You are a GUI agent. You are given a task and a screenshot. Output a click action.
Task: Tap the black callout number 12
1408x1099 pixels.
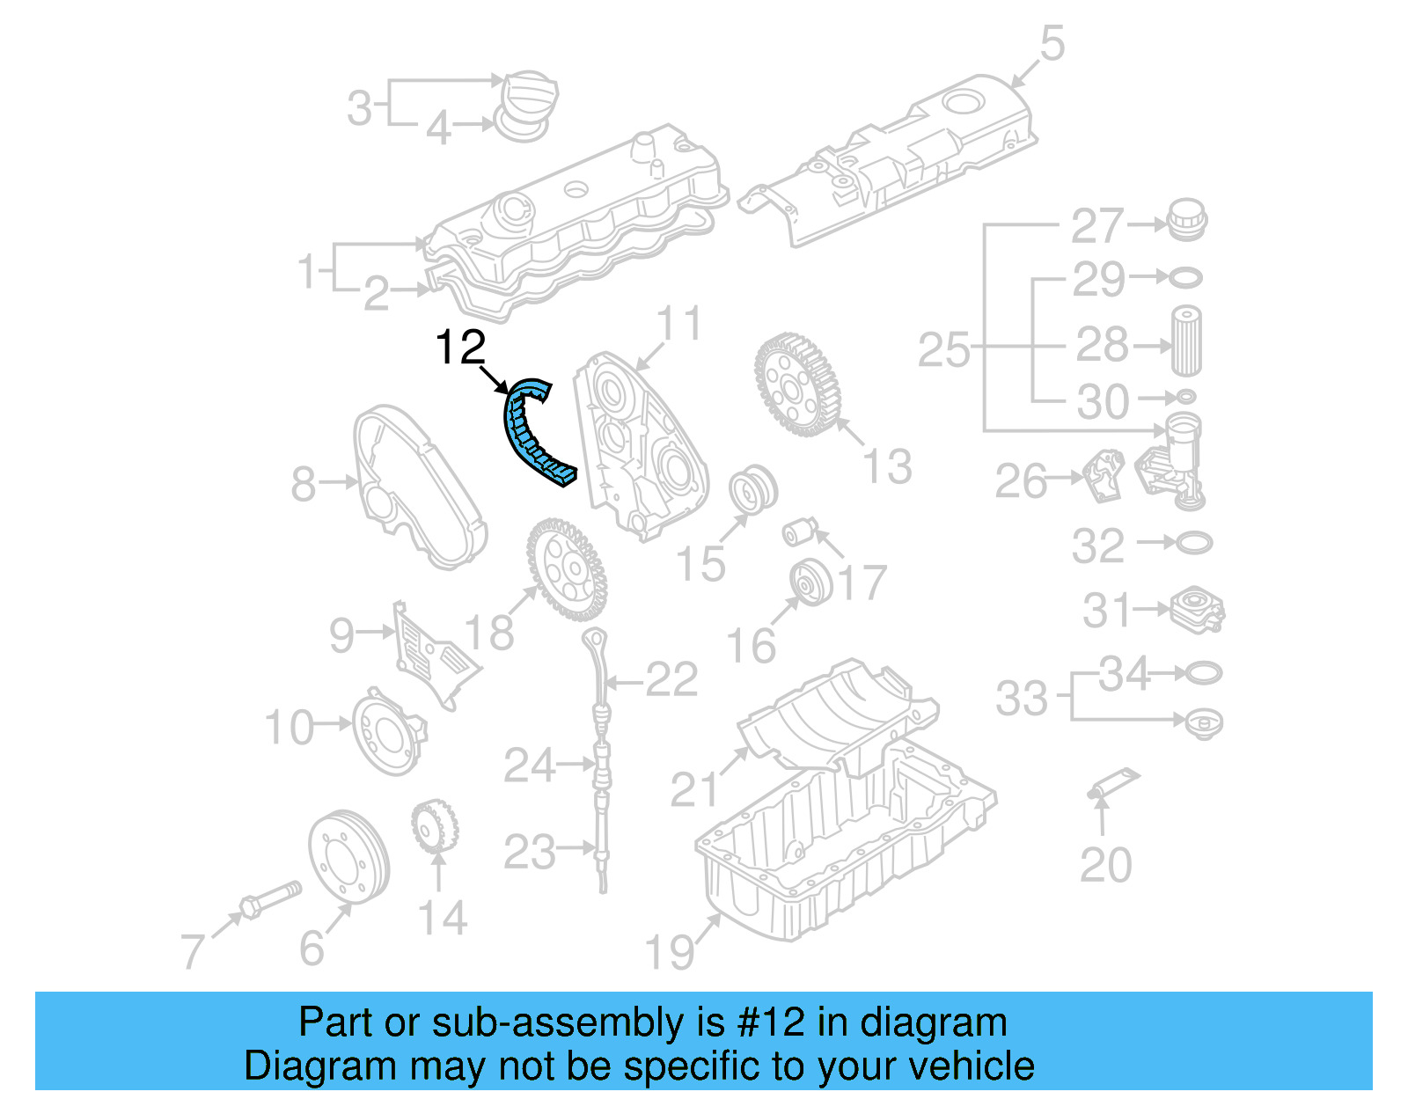(x=460, y=348)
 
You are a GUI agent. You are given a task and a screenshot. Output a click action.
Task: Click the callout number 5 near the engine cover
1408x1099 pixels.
(x=1052, y=43)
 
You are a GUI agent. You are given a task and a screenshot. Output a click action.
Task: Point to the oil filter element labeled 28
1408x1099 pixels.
(x=1186, y=341)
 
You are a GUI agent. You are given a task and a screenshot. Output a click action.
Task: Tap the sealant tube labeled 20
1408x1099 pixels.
(x=1112, y=782)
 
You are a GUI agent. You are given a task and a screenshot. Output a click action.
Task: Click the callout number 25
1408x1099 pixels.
(x=943, y=350)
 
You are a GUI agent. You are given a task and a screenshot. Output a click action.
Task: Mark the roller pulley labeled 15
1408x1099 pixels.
(x=753, y=488)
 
